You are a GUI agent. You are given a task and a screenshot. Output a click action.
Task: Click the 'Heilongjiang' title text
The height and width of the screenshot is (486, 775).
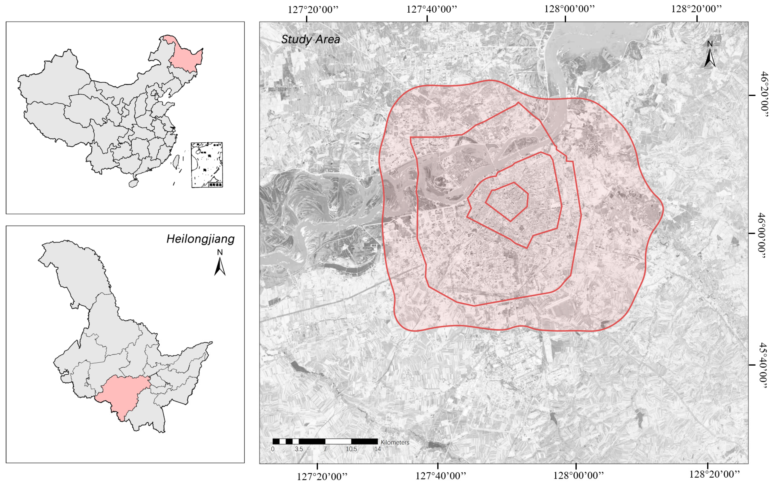point(200,239)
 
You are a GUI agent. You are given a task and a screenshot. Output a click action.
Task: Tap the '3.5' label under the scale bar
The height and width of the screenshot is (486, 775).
point(299,449)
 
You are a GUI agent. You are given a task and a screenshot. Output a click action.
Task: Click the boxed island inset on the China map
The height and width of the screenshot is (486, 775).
point(207,165)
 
